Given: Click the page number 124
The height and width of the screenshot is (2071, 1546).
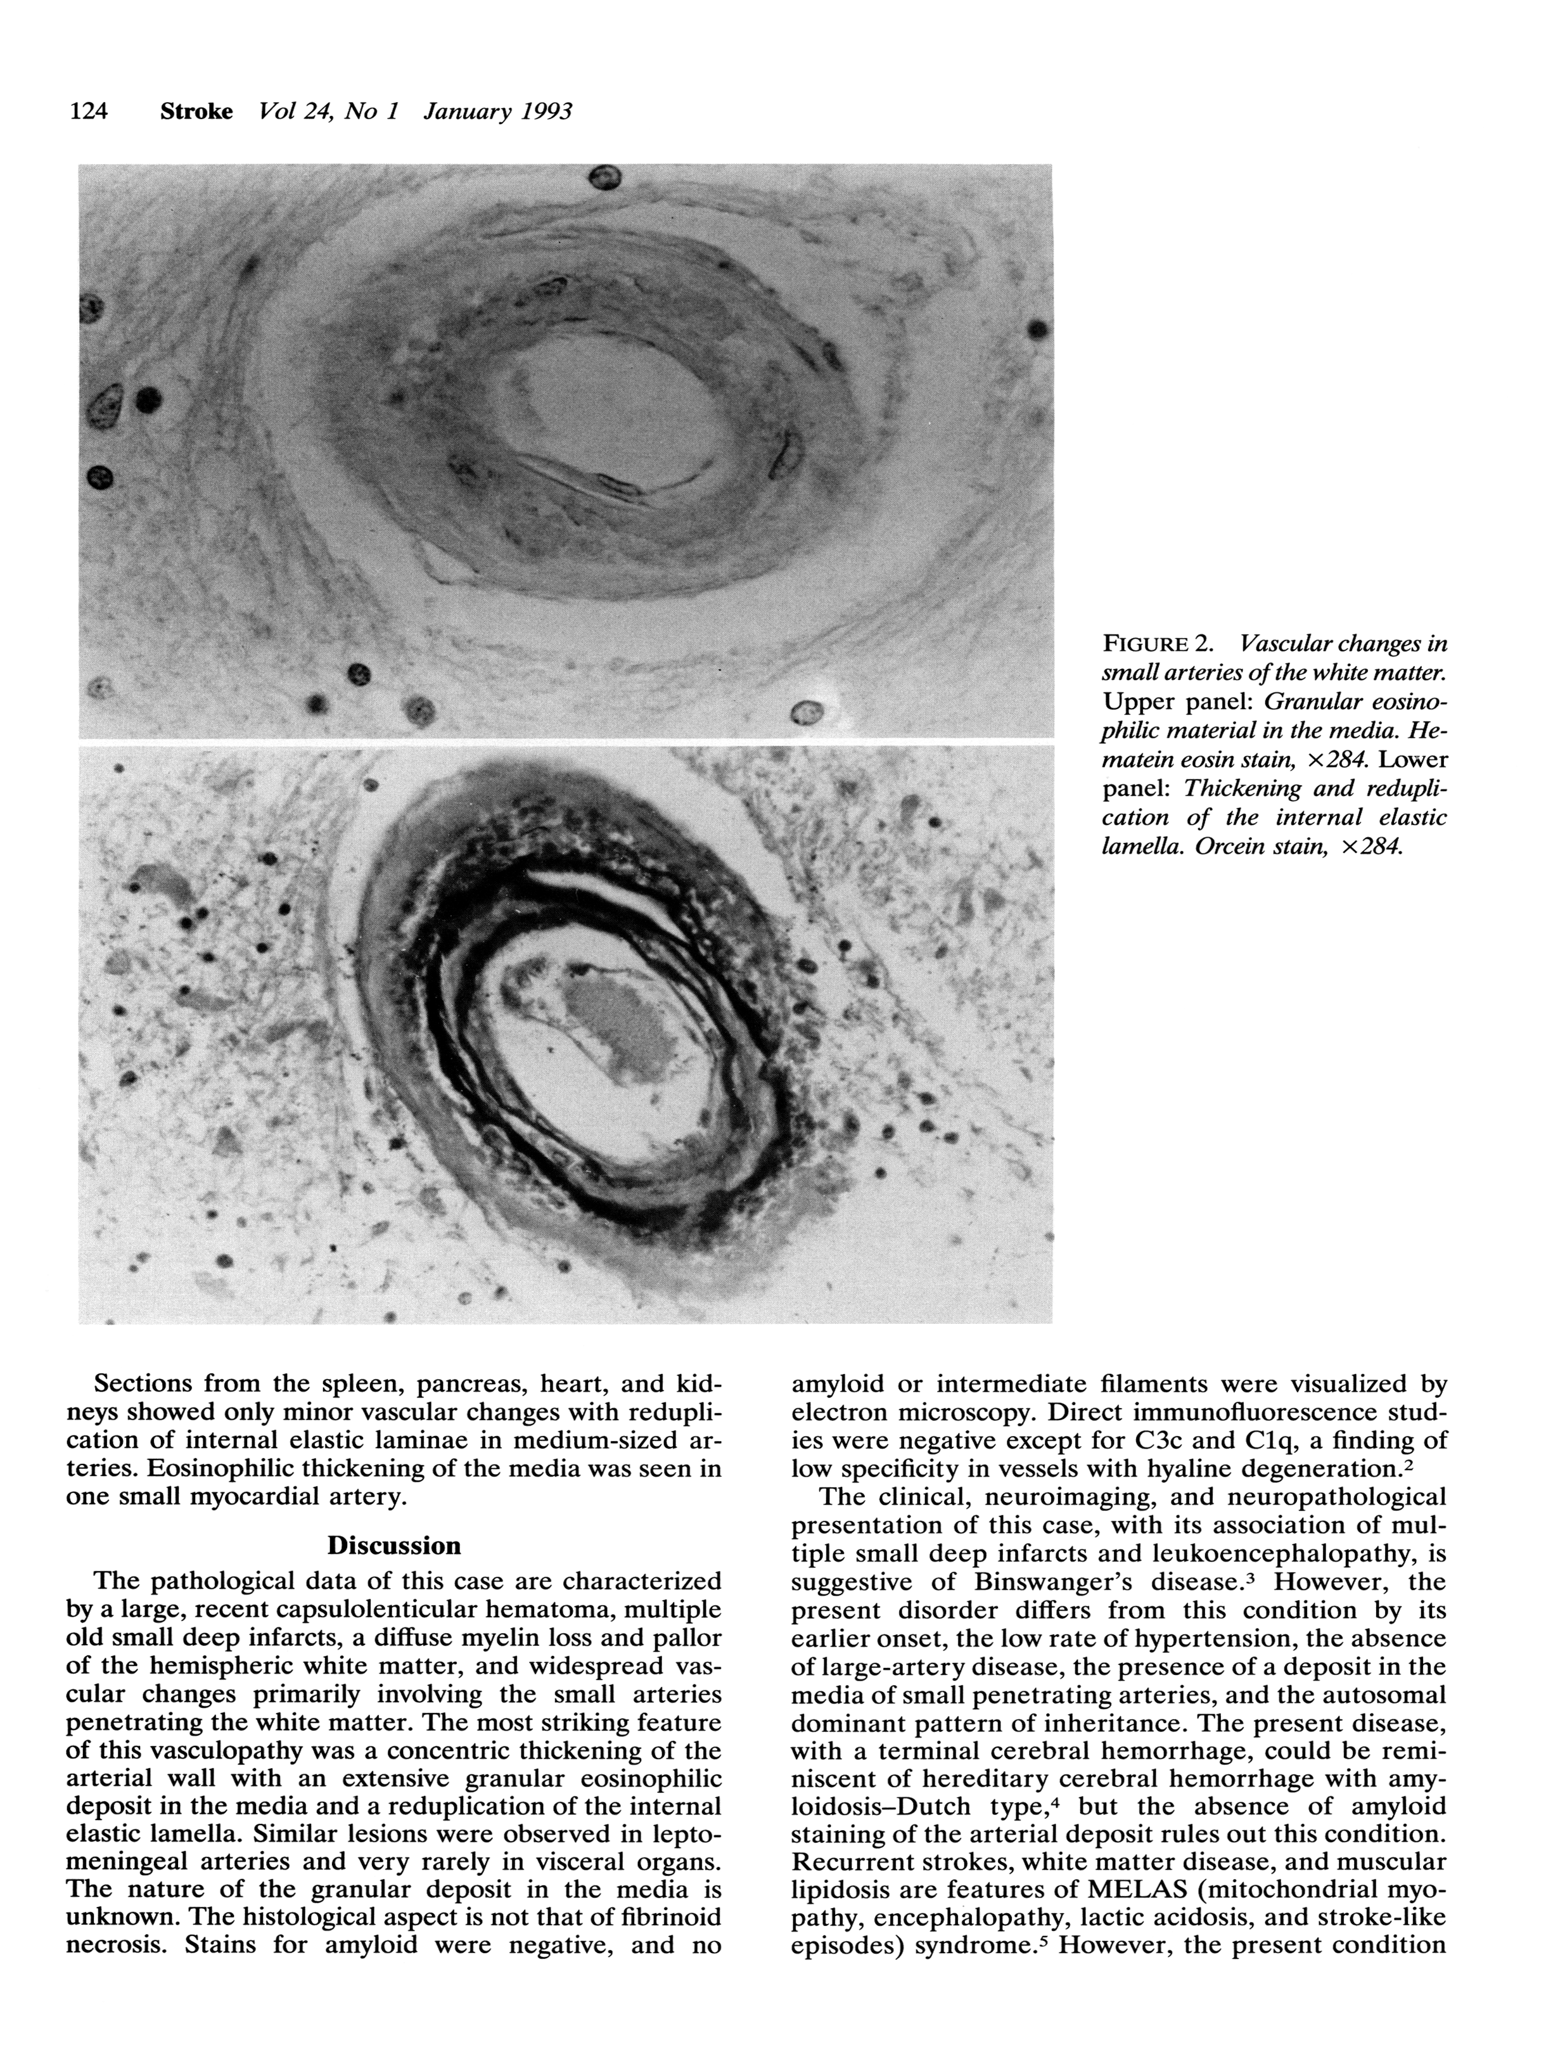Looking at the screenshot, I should coord(89,112).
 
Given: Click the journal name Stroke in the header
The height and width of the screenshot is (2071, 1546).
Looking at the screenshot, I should coord(196,112).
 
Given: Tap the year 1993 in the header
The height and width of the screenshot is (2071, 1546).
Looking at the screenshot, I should coord(540,112).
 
